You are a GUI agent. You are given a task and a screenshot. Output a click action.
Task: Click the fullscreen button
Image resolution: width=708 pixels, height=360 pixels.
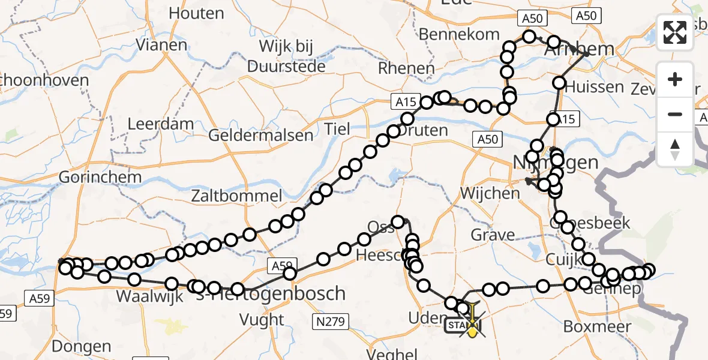[x=675, y=32]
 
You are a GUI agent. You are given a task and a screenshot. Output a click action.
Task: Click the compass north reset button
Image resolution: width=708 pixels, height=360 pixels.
[x=675, y=149]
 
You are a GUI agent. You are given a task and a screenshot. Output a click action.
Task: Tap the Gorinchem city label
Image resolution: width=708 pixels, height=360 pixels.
[x=100, y=178]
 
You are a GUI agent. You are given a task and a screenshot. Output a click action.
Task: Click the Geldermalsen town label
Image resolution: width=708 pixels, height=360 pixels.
[x=260, y=135]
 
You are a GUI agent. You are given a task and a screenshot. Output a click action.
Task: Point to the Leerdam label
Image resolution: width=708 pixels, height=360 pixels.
[x=161, y=125]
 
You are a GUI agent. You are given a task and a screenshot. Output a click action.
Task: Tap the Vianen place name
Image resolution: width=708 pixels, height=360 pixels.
[x=161, y=45]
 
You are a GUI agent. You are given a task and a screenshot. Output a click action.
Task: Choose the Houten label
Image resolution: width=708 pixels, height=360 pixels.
[x=196, y=13]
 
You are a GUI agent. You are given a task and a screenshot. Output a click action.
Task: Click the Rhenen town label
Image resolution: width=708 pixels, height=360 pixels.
[x=406, y=68]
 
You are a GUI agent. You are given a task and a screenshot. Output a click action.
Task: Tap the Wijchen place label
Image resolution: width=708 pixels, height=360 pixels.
[x=490, y=193]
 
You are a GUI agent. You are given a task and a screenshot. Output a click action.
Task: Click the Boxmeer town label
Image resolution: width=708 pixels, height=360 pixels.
[x=597, y=327]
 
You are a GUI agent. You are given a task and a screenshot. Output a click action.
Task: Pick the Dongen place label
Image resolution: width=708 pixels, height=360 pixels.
[x=81, y=346]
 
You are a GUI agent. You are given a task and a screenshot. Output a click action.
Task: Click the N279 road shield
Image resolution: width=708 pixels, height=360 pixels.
[x=331, y=323]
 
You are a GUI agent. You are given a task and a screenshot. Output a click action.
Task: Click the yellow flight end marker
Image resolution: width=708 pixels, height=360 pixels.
[x=473, y=327]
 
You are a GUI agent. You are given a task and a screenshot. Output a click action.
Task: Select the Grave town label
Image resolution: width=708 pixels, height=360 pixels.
[x=493, y=235]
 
